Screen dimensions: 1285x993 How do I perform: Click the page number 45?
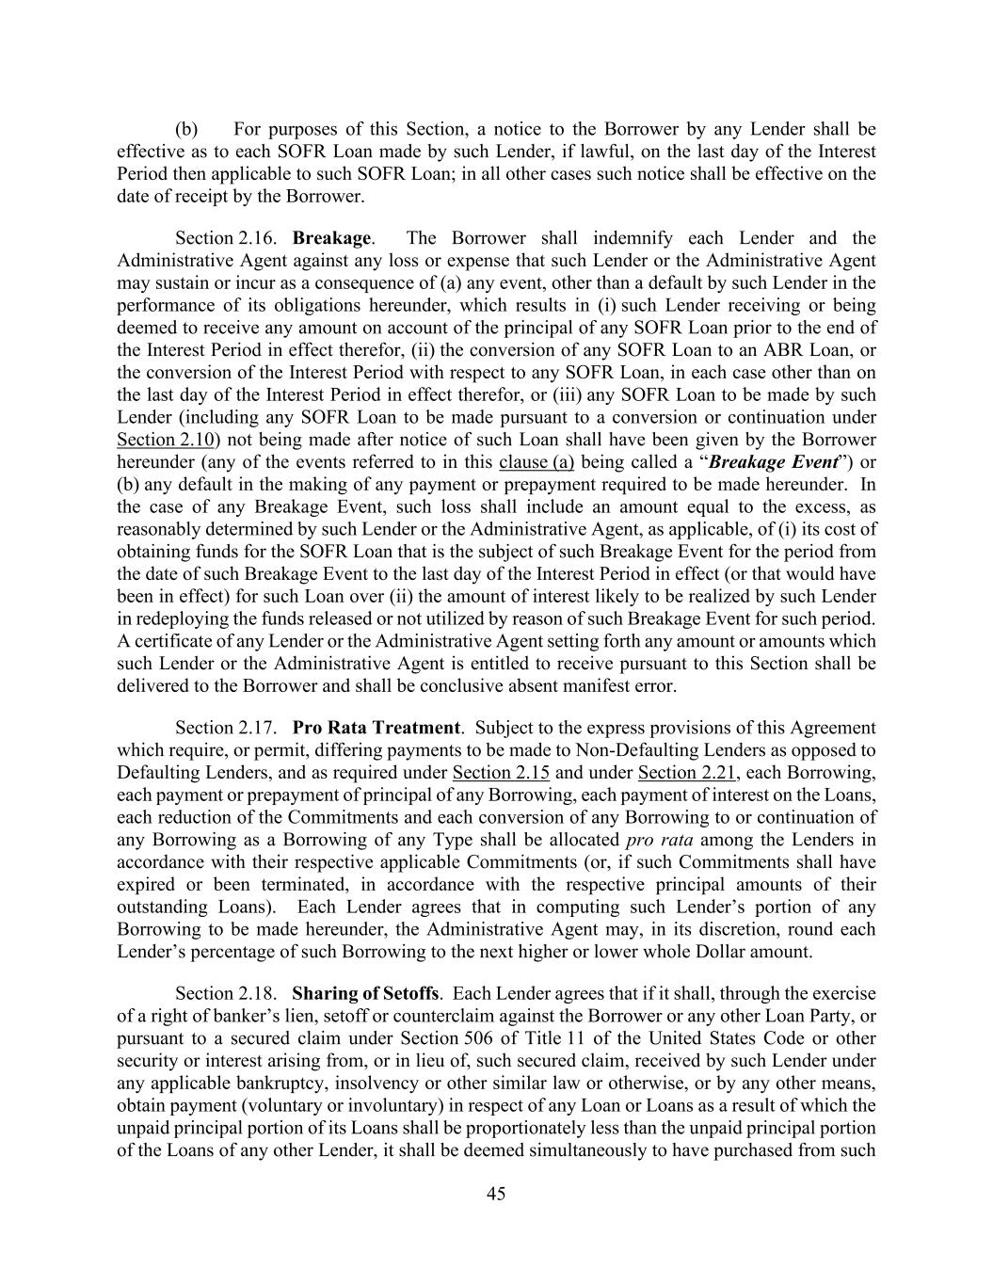(496, 1194)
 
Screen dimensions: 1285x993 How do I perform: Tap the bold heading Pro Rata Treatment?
(376, 728)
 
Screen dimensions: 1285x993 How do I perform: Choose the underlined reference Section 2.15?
(501, 773)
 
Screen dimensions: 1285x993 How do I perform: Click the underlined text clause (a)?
(537, 462)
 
